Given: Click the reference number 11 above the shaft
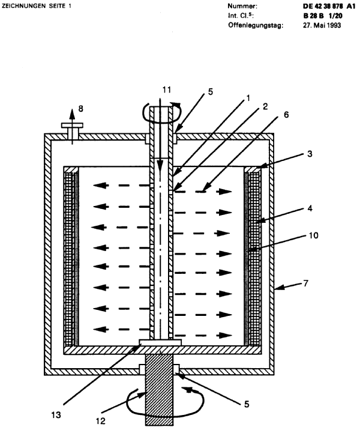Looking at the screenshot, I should pos(167,89).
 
